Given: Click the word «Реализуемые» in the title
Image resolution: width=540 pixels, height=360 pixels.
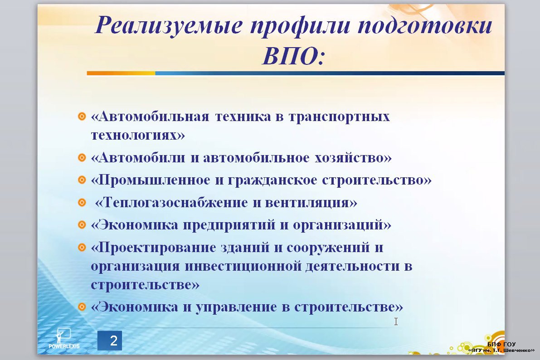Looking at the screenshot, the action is pos(169,25).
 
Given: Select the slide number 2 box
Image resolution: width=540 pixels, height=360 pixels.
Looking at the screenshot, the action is pos(110,341).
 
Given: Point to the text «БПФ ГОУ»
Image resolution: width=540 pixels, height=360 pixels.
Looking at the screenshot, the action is pos(501,344).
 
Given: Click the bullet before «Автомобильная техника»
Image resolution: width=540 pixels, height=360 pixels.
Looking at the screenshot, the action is pos(82,117).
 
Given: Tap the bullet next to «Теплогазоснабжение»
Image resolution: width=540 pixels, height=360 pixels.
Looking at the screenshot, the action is pos(82,202).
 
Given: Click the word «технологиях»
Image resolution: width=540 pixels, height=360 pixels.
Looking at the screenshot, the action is pos(134,135).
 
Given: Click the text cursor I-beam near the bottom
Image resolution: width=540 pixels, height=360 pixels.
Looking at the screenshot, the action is pos(396,321).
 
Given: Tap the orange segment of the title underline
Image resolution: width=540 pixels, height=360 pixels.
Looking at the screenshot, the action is pos(121,73).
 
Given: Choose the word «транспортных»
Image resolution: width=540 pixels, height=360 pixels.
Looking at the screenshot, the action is pos(339,117).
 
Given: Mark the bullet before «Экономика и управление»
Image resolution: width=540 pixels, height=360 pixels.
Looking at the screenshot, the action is pos(82,306).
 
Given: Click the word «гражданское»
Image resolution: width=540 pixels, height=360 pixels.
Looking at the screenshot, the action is pos(272,180).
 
